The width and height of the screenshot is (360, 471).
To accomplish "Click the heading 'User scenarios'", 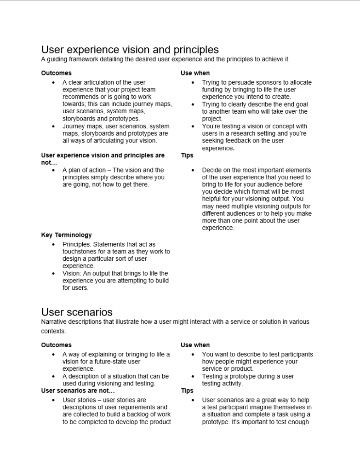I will (x=77, y=313).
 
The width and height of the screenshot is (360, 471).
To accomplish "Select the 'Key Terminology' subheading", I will (x=66, y=235).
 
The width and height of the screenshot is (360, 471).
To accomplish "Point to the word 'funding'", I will (x=214, y=90).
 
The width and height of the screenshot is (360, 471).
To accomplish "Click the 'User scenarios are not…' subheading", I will (x=78, y=391).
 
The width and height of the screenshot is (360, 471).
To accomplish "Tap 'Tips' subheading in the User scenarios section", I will (x=187, y=391).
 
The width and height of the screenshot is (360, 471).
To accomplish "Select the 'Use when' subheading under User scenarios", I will (x=195, y=345).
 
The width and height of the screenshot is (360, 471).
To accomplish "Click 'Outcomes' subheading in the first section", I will (x=56, y=73).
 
